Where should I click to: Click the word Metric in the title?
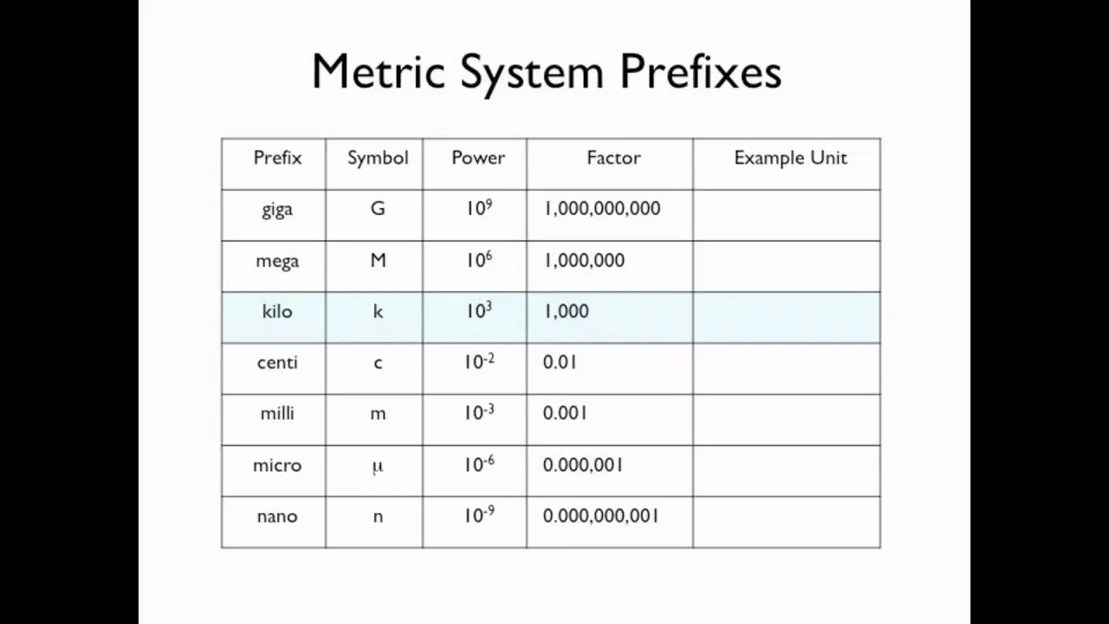[x=379, y=71]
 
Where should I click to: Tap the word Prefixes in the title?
[x=701, y=71]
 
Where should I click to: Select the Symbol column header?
[x=378, y=158]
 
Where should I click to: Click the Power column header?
[x=478, y=158]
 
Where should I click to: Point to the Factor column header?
[x=613, y=158]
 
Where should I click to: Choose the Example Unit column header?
[x=791, y=158]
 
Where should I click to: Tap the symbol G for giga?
[x=378, y=209]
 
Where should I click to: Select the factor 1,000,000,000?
[x=602, y=209]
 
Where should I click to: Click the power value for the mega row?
[x=479, y=259]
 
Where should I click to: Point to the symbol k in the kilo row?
[x=378, y=311]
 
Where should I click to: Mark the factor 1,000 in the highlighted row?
[x=567, y=311]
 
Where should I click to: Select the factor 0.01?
[x=560, y=362]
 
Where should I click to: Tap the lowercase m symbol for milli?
[x=378, y=414]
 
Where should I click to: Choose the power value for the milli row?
[x=479, y=412]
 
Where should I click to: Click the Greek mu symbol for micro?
[x=378, y=467]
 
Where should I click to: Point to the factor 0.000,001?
[x=583, y=465]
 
